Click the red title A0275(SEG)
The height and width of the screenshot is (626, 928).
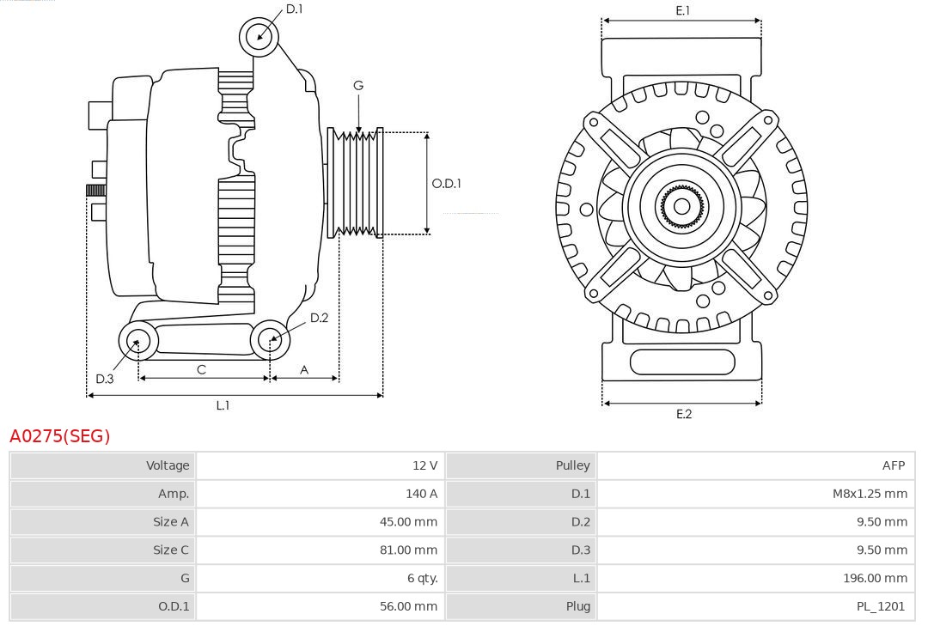click(60, 436)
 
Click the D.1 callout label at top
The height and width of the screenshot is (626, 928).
click(294, 9)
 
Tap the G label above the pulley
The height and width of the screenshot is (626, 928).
click(358, 85)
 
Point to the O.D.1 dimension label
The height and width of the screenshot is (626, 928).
click(446, 183)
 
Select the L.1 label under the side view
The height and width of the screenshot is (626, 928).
click(223, 405)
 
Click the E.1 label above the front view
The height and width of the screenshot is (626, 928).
click(683, 10)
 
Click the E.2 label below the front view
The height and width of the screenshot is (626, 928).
click(683, 414)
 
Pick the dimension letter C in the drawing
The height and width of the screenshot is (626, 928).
click(201, 369)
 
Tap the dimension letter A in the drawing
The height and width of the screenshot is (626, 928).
click(304, 369)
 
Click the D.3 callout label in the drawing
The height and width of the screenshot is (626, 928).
click(104, 379)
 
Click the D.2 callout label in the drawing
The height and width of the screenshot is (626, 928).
click(319, 318)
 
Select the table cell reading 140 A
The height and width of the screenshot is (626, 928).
click(421, 494)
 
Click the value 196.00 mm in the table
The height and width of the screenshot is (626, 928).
click(875, 578)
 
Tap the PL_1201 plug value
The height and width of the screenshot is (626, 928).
click(881, 606)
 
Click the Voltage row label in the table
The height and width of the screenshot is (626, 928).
click(168, 465)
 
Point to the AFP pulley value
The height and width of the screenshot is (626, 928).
click(893, 465)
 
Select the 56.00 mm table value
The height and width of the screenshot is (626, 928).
click(408, 606)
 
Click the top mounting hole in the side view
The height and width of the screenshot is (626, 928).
click(259, 37)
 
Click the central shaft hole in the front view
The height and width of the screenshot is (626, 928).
click(681, 206)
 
